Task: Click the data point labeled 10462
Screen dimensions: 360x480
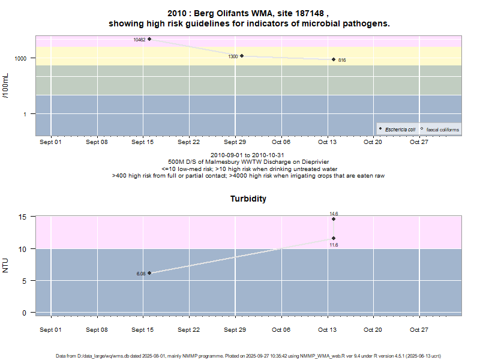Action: click(149, 39)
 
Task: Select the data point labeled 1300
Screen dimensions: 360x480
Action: click(241, 56)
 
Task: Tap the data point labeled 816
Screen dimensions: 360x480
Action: click(334, 59)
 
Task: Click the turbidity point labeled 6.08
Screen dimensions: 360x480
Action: click(149, 273)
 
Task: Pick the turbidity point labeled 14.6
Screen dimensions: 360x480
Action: click(334, 219)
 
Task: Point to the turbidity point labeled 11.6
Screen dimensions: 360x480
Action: click(334, 238)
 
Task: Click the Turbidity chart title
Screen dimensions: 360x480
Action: click(248, 199)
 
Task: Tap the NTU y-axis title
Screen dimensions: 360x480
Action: click(6, 265)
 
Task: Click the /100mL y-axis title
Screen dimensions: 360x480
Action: click(6, 86)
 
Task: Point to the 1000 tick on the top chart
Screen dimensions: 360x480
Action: click(21, 58)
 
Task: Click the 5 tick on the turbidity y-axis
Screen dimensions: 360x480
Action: click(25, 281)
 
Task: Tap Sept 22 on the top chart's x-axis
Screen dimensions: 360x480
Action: click(188, 142)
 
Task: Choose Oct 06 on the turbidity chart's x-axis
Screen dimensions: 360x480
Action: click(281, 330)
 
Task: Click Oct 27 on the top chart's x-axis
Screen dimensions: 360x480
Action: click(419, 142)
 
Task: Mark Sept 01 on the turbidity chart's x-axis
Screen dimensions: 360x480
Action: click(50, 330)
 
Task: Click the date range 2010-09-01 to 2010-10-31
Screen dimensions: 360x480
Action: click(248, 155)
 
